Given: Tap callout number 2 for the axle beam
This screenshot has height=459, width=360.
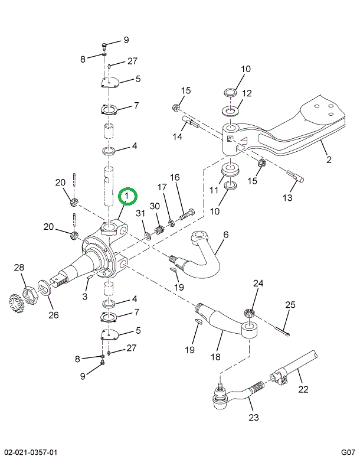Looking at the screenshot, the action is click(329, 159).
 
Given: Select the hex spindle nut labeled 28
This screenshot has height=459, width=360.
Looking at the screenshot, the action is click(31, 295).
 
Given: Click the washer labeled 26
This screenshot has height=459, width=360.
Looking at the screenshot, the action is click(44, 288).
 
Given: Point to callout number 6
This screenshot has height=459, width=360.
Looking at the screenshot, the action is click(226, 235).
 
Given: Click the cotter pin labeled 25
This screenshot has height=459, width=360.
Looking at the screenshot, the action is click(282, 330).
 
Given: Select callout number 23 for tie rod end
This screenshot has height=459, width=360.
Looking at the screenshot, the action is click(254, 417).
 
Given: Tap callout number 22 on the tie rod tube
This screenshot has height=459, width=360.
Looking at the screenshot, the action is click(303, 390).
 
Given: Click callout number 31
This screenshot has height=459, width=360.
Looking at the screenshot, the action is click(140, 213).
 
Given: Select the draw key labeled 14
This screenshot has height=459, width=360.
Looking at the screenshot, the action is click(191, 121).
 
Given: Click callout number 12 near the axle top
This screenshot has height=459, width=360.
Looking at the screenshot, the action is click(247, 93).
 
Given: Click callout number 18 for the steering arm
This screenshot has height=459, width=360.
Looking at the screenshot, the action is click(215, 357).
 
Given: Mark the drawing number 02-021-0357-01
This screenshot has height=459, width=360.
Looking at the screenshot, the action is click(29, 453).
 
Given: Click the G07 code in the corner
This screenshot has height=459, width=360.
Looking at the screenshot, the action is click(348, 453).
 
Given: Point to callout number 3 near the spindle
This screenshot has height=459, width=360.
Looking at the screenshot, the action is click(85, 297).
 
